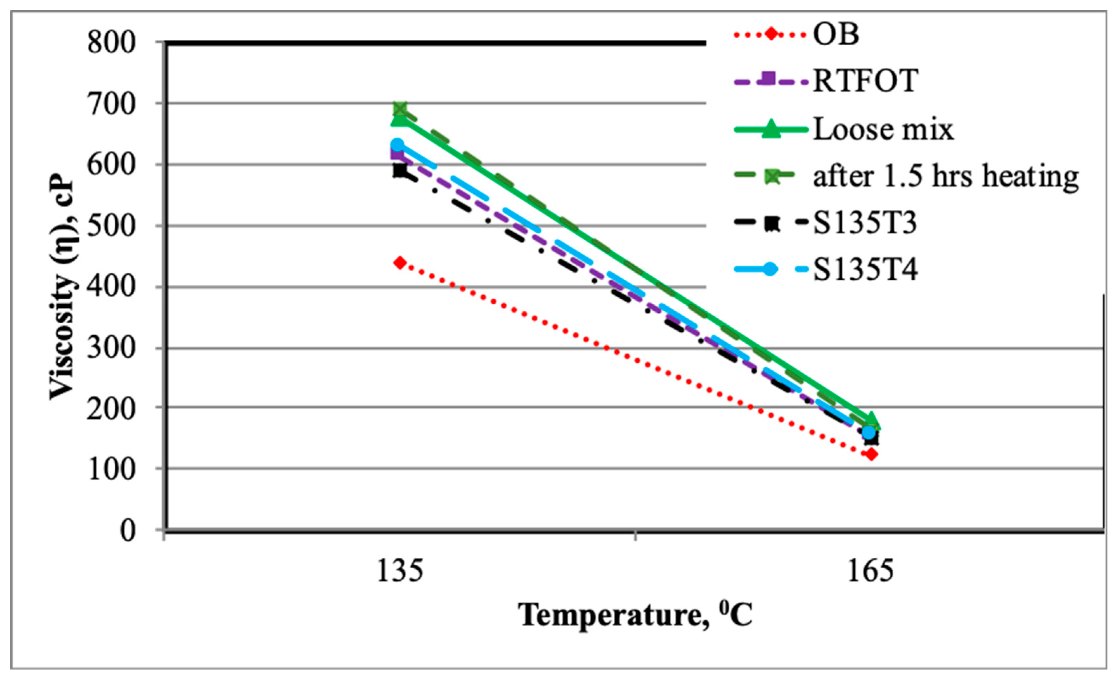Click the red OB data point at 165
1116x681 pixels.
[871, 454]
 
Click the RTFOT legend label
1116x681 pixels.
[865, 82]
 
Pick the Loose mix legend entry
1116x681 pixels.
[883, 130]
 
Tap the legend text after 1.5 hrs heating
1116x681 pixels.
[946, 177]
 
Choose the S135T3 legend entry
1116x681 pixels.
[865, 223]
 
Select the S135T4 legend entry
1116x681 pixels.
[865, 270]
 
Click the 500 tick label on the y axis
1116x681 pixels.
[111, 226]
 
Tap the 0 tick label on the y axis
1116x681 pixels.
[127, 530]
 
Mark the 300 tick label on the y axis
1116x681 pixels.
[111, 348]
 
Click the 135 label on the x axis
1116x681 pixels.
[400, 571]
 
